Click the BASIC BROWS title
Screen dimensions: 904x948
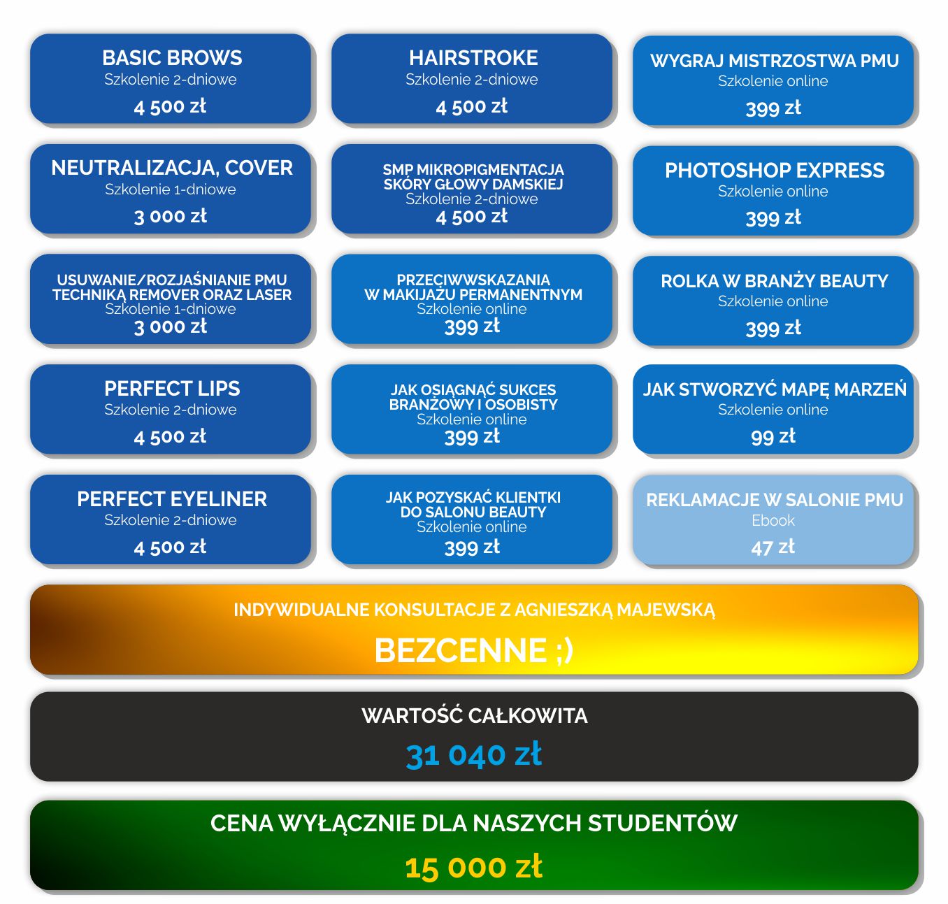[x=172, y=57]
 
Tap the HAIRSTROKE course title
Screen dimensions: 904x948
[x=473, y=57]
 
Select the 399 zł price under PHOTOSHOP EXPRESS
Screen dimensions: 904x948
[x=773, y=217]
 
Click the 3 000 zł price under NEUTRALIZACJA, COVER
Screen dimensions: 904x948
[x=171, y=216]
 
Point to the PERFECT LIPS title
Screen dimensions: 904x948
[x=172, y=388]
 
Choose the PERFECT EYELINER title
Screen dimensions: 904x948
[x=172, y=498]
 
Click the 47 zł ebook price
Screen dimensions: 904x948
[x=773, y=547]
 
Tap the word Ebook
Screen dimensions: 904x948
[x=773, y=520]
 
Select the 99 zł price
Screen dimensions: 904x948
[x=773, y=436]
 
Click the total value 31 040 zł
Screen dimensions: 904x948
[x=474, y=754]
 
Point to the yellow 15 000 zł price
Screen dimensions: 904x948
[x=474, y=867]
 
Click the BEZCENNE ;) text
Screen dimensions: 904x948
[x=474, y=650]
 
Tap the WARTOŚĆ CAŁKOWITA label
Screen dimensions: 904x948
[x=474, y=715]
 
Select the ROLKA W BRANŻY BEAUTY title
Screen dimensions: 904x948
[x=774, y=281]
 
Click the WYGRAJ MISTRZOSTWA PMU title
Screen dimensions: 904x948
[x=774, y=61]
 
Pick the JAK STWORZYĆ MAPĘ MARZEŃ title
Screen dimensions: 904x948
[x=774, y=389]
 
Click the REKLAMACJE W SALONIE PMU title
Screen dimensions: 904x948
[x=774, y=500]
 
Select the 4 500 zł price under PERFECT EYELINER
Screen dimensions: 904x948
[x=171, y=547]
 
